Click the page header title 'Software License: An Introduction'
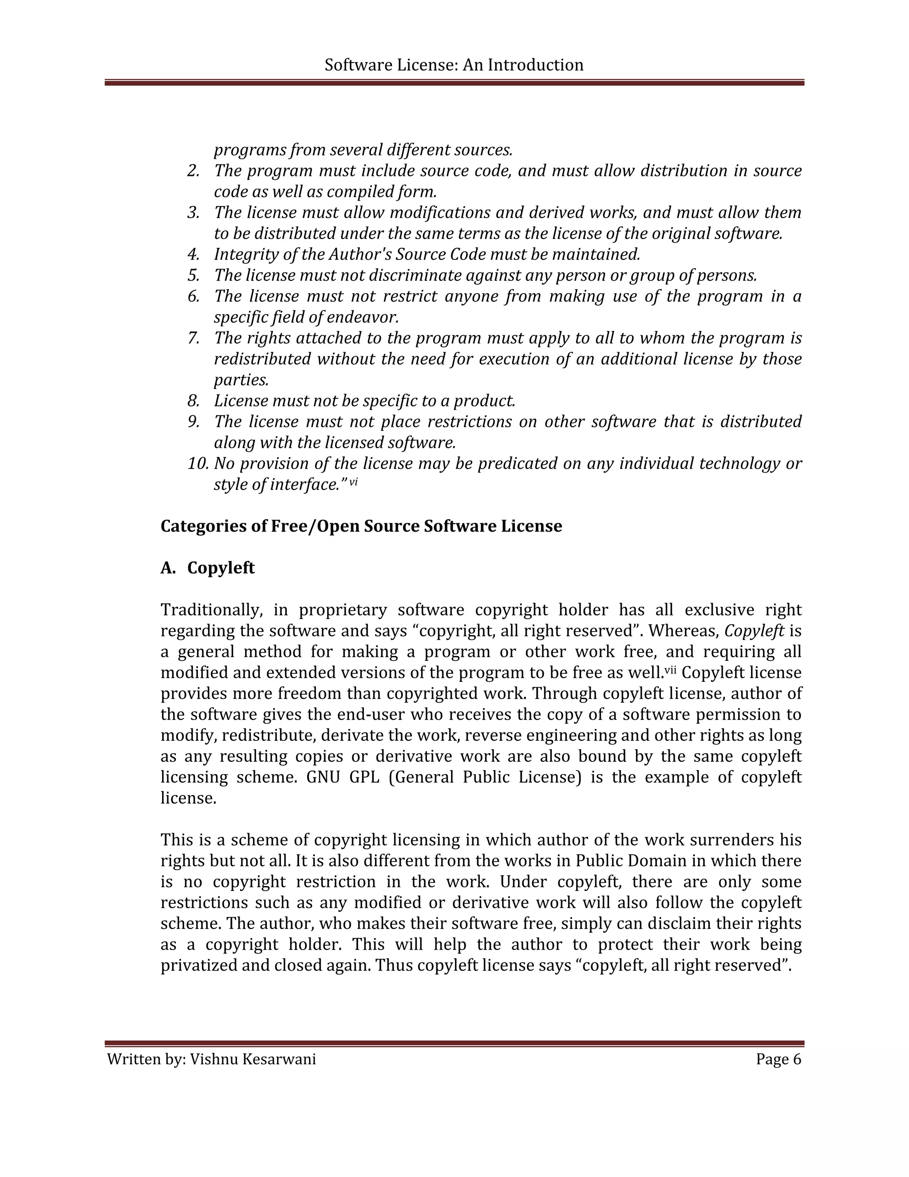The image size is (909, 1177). [x=454, y=65]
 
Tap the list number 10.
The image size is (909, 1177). [x=198, y=463]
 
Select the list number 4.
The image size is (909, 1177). [x=194, y=254]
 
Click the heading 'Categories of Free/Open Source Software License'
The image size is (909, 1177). [x=361, y=526]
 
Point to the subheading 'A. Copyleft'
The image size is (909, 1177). [x=207, y=568]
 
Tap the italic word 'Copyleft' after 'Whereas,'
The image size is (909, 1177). [x=754, y=631]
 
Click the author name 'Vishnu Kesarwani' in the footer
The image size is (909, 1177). [x=253, y=1059]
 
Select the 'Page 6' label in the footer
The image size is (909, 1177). [x=778, y=1059]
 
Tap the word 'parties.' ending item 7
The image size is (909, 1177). [x=241, y=380]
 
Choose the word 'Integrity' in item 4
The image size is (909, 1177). [x=240, y=254]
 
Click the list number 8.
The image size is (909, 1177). [x=194, y=401]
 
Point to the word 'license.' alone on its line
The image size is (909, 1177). [x=188, y=798]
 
